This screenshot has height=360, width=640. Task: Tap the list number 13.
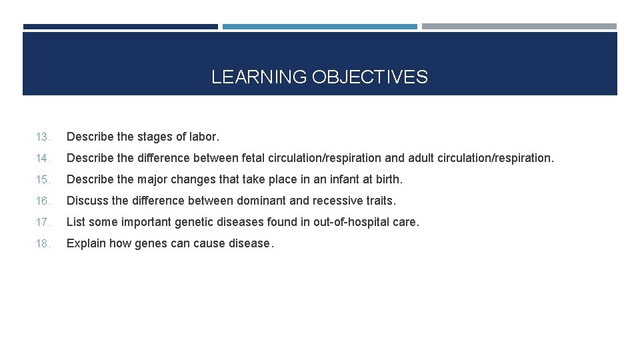(42, 137)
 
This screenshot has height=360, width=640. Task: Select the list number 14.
(42, 159)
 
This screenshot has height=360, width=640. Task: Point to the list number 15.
(42, 180)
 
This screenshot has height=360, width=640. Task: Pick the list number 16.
(42, 201)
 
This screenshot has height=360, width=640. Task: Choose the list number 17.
(42, 223)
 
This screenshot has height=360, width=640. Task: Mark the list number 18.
(42, 244)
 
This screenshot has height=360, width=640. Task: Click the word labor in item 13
(204, 137)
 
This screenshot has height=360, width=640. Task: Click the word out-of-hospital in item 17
(351, 222)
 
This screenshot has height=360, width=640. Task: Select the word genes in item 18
(151, 243)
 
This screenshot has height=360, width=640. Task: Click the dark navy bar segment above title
(120, 27)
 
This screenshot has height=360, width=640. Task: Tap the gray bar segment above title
(519, 27)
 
